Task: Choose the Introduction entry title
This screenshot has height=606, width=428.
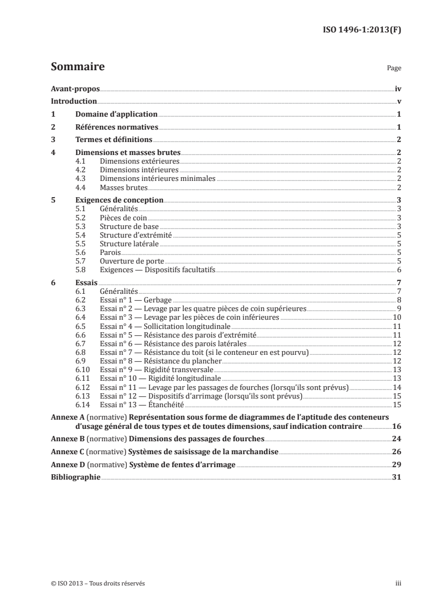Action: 73,101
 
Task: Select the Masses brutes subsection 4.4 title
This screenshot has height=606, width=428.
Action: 124,187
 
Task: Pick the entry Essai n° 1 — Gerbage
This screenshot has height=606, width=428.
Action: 135,300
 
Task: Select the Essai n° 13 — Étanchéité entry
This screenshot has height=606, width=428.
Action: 142,404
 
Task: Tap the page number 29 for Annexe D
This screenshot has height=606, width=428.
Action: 396,464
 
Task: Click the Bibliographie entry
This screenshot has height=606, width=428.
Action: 75,477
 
